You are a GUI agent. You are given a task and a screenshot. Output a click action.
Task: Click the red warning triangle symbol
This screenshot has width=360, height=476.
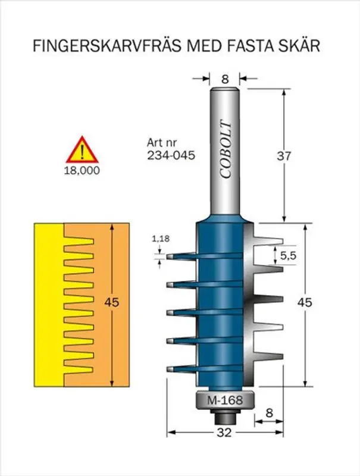[x=82, y=151]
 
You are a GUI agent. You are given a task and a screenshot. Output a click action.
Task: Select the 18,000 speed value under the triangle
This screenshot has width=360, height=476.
[x=82, y=170]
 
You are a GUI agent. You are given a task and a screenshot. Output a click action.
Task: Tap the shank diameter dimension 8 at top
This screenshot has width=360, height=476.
[x=225, y=77]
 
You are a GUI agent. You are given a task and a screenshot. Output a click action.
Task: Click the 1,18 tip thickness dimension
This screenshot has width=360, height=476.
[x=159, y=239]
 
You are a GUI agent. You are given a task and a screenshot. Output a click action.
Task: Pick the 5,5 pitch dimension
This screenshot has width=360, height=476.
[x=288, y=256]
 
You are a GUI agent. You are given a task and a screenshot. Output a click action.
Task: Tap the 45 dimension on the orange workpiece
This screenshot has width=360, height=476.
[x=111, y=302]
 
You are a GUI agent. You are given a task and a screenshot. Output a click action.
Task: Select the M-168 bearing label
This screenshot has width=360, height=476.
[x=225, y=400]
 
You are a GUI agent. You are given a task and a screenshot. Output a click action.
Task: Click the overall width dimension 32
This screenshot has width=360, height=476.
[x=224, y=433]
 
